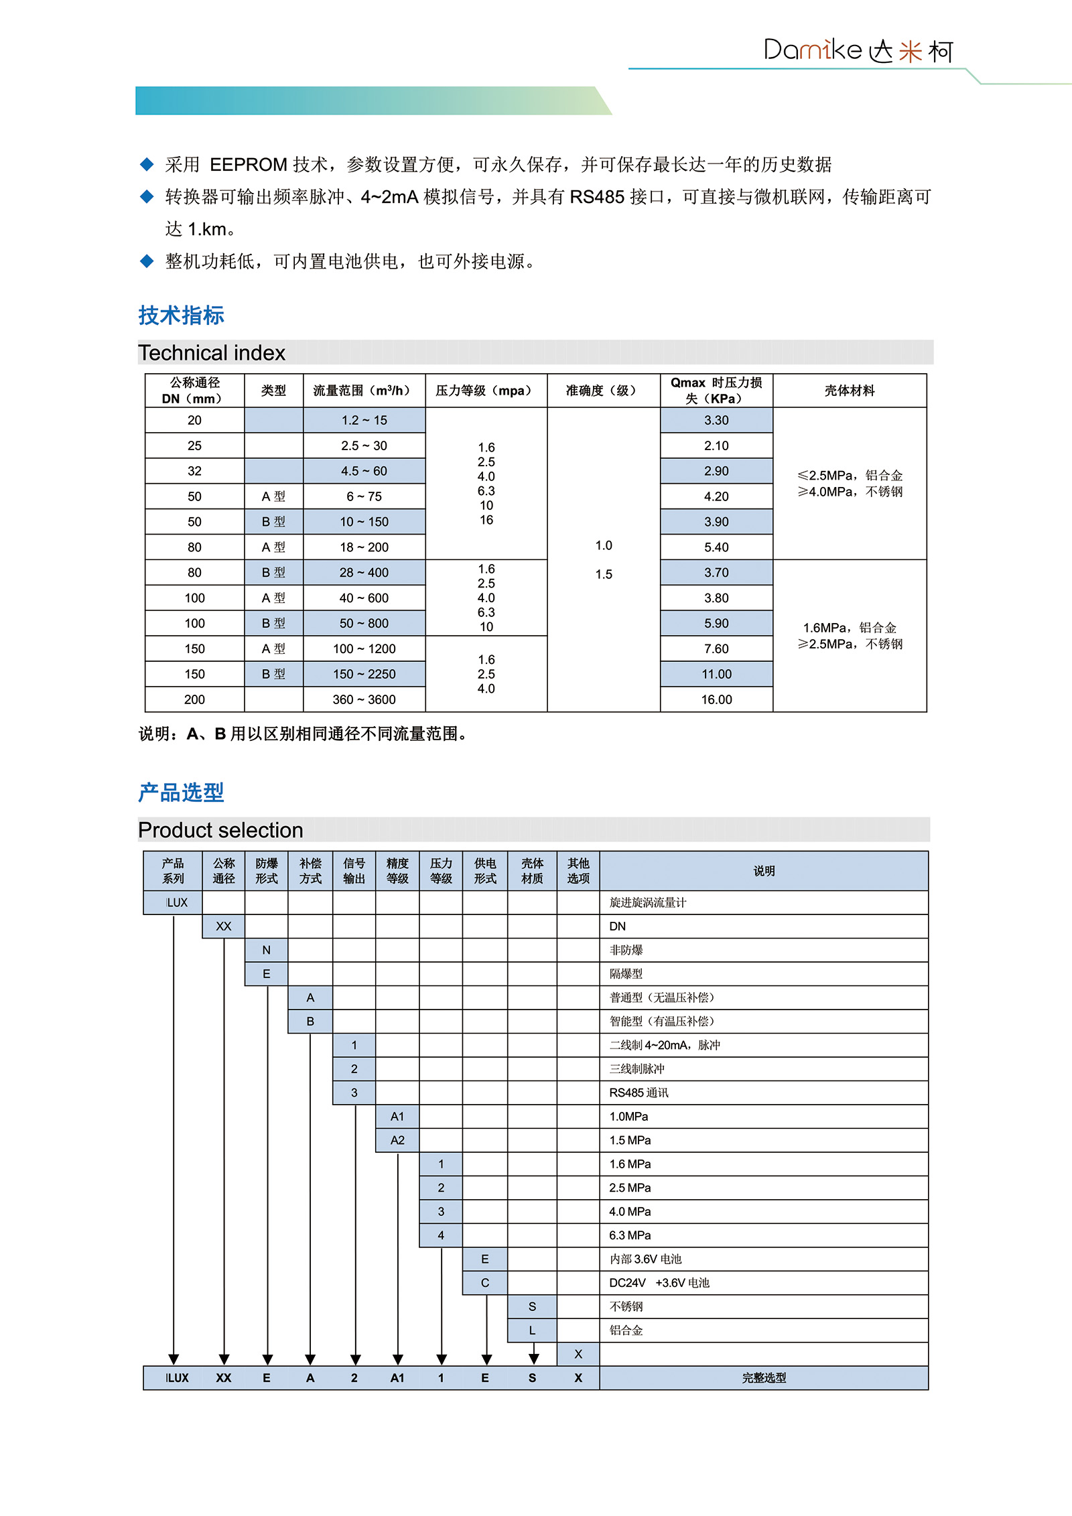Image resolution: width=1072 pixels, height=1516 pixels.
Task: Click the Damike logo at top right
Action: (x=858, y=51)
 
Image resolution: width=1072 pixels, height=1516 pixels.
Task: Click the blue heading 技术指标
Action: (x=181, y=316)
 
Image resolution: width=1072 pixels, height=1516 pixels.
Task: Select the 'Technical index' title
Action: (x=212, y=353)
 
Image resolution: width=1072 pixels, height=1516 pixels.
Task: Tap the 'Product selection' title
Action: (x=220, y=830)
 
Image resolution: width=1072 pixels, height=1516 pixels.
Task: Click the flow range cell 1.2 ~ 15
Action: (x=364, y=420)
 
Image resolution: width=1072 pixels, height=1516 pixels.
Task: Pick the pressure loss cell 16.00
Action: (x=716, y=699)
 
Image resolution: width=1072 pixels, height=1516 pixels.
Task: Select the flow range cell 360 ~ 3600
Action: (x=364, y=699)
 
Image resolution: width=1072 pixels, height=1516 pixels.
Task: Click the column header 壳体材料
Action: (x=850, y=391)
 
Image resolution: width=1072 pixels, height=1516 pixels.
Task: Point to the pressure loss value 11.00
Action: (x=716, y=674)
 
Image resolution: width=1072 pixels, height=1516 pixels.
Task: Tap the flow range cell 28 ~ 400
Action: (x=364, y=573)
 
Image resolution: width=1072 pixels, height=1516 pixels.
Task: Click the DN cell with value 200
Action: (x=194, y=699)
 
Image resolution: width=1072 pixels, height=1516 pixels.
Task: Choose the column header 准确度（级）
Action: (x=603, y=391)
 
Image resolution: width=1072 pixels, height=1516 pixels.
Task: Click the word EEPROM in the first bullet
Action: (x=249, y=165)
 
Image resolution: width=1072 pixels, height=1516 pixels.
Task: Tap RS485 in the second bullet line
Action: (x=597, y=197)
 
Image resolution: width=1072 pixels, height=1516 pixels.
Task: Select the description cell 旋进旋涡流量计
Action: (x=648, y=902)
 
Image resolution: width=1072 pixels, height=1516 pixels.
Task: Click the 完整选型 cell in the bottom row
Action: (x=764, y=1378)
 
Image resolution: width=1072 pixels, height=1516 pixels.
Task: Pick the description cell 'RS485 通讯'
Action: (x=639, y=1093)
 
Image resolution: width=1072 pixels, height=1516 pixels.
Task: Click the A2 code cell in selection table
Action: (x=397, y=1140)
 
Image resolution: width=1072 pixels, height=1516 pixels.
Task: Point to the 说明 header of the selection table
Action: (x=764, y=871)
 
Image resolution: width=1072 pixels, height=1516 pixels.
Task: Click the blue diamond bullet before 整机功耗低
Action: (x=147, y=261)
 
